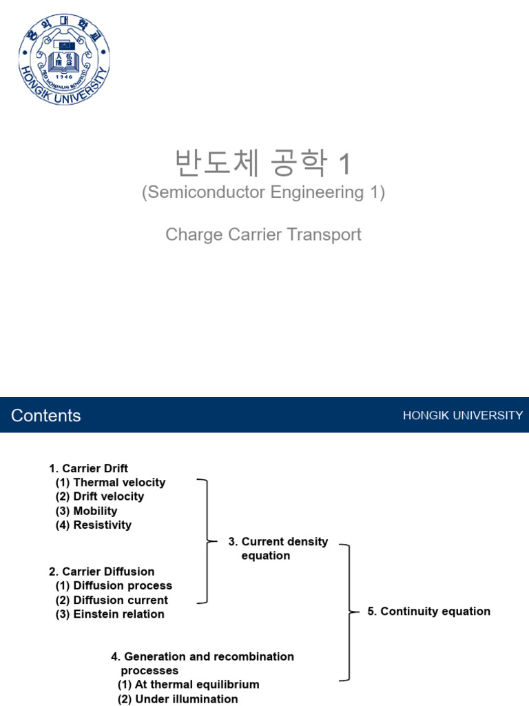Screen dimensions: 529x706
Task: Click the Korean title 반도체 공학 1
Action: [x=263, y=164]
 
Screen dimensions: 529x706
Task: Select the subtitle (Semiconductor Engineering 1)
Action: [x=263, y=193]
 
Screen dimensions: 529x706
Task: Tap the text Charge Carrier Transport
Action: [x=263, y=234]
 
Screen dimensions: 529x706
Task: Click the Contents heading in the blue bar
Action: [x=46, y=415]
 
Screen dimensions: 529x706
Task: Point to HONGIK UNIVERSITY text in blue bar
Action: [x=463, y=415]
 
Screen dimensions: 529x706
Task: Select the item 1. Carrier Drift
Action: [x=88, y=468]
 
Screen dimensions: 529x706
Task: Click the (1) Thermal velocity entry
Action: [x=110, y=483]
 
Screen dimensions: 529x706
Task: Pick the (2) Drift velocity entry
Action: [x=100, y=496]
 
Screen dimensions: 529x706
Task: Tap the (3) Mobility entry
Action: [x=86, y=511]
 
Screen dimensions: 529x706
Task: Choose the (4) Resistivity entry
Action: [x=93, y=525]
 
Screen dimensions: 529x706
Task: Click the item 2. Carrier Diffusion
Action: [x=101, y=572]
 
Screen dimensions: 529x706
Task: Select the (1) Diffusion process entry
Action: [x=114, y=585]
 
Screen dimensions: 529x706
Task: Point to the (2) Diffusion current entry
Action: [x=112, y=600]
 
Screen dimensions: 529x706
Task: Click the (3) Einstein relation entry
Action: [x=110, y=614]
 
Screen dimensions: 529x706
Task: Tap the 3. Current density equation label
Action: [x=279, y=549]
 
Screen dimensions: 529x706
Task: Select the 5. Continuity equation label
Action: [x=429, y=611]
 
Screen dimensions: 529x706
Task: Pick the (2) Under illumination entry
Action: [x=178, y=699]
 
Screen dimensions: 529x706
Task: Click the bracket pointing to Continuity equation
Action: [x=349, y=612]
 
